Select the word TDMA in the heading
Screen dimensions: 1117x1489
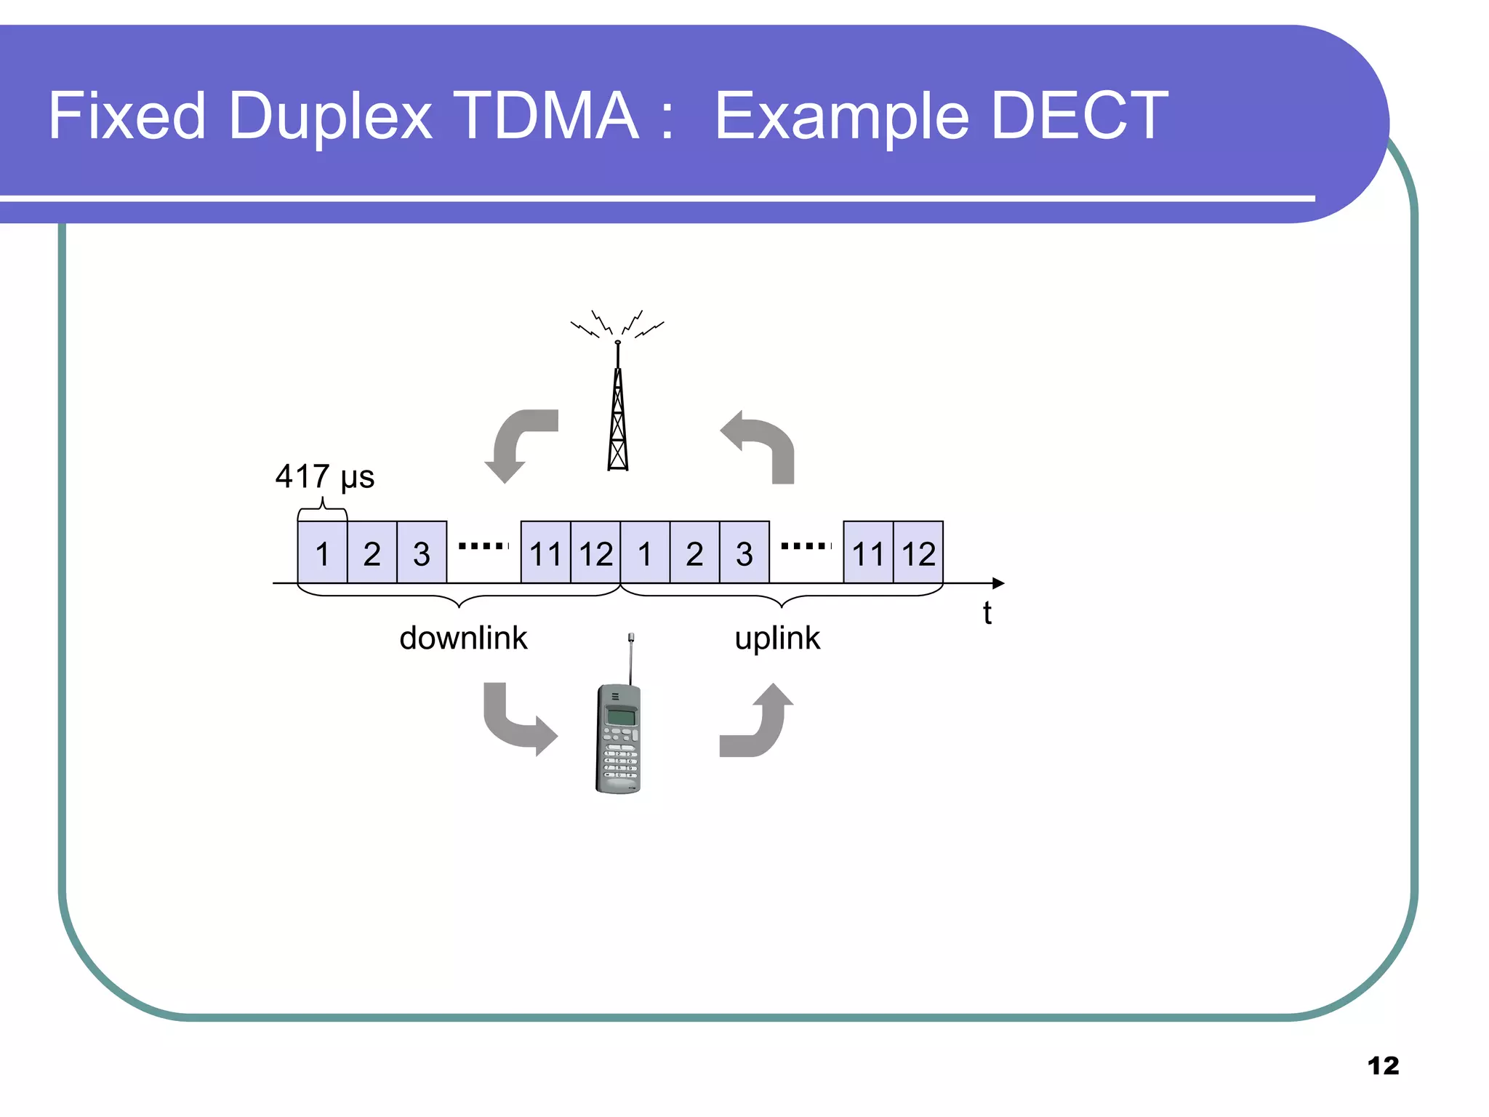(549, 116)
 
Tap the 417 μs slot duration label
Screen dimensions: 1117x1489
(324, 477)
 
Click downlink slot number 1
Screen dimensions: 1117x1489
(322, 553)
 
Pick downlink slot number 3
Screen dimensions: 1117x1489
(422, 553)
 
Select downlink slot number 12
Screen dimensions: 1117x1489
(595, 553)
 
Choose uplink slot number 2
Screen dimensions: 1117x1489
(694, 553)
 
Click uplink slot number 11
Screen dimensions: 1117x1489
(868, 553)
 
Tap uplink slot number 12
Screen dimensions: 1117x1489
(918, 553)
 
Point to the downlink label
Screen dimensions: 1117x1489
(463, 638)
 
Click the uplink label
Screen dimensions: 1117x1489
(777, 638)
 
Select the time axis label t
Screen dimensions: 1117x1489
(987, 613)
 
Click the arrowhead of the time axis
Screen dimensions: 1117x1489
(999, 583)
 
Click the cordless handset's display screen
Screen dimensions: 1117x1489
(621, 716)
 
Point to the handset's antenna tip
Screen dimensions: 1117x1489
(631, 638)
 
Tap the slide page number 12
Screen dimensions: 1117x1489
(1383, 1066)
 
